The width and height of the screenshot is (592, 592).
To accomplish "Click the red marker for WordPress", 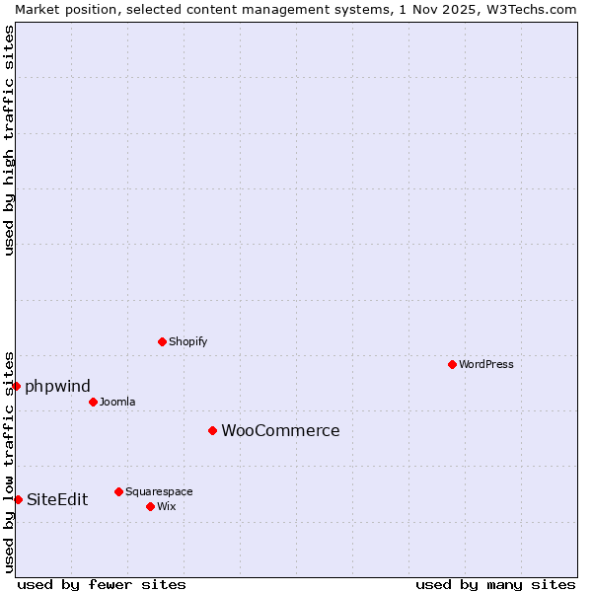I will point(452,364).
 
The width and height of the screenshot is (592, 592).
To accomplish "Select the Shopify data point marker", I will point(162,341).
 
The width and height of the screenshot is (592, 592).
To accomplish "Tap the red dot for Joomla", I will point(93,402).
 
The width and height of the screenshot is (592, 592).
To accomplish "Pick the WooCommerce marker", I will point(212,430).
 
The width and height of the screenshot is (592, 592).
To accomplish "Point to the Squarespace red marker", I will point(118,491).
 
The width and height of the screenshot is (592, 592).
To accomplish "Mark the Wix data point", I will point(150,506).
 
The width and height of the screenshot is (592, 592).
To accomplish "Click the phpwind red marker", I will point(17,386).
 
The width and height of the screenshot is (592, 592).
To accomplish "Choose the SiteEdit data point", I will point(18,499).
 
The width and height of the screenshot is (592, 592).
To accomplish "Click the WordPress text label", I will point(486,364).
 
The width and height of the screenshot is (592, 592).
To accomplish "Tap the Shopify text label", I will point(187,341).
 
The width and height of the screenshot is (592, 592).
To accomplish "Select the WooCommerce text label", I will point(280,430).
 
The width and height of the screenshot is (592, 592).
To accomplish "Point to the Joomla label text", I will point(117,402).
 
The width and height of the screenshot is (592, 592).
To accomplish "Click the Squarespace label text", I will point(159,491).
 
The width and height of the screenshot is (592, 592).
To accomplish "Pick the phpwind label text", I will point(57,386).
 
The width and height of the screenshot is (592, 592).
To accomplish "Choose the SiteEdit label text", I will point(57,499).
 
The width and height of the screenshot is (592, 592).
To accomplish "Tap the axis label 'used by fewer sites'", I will point(102,584).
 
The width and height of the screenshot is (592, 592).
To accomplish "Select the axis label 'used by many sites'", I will point(495,584).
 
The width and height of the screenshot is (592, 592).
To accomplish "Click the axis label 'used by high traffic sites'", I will point(9,140).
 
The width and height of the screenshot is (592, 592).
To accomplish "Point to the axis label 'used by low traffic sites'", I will point(9,461).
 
